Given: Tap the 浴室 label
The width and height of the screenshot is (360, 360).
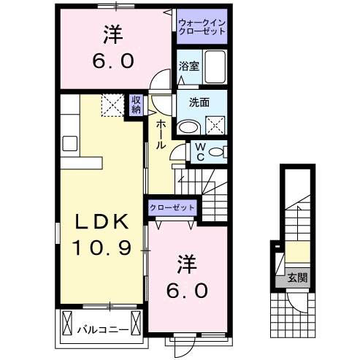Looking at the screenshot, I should pos(189,66).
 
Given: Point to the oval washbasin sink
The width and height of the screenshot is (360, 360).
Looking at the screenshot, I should pos(189,126).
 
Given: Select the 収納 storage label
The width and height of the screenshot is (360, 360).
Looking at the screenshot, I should pos(137,104).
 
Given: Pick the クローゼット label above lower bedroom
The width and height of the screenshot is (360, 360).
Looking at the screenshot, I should pos(172,207).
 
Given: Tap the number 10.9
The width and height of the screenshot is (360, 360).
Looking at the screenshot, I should pos(101,248).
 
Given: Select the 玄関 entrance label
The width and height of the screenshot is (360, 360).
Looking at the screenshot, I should pos(296,277).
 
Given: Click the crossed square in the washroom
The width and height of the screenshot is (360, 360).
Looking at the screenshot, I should pos(216,125).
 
